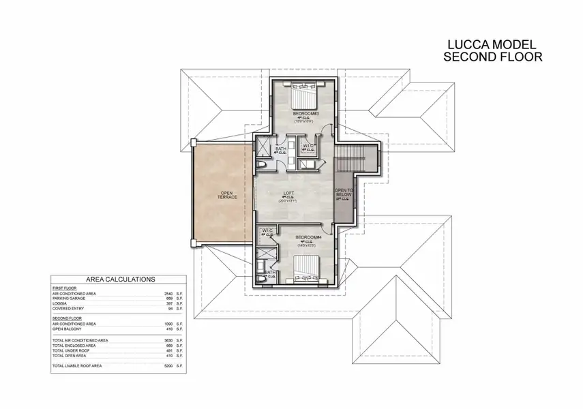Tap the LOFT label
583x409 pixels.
[290, 194]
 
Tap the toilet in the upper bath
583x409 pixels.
[264, 166]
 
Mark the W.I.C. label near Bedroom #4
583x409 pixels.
[267, 232]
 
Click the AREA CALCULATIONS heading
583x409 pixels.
[120, 279]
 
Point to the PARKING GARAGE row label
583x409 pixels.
[70, 299]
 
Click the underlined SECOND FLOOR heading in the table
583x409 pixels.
[66, 318]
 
